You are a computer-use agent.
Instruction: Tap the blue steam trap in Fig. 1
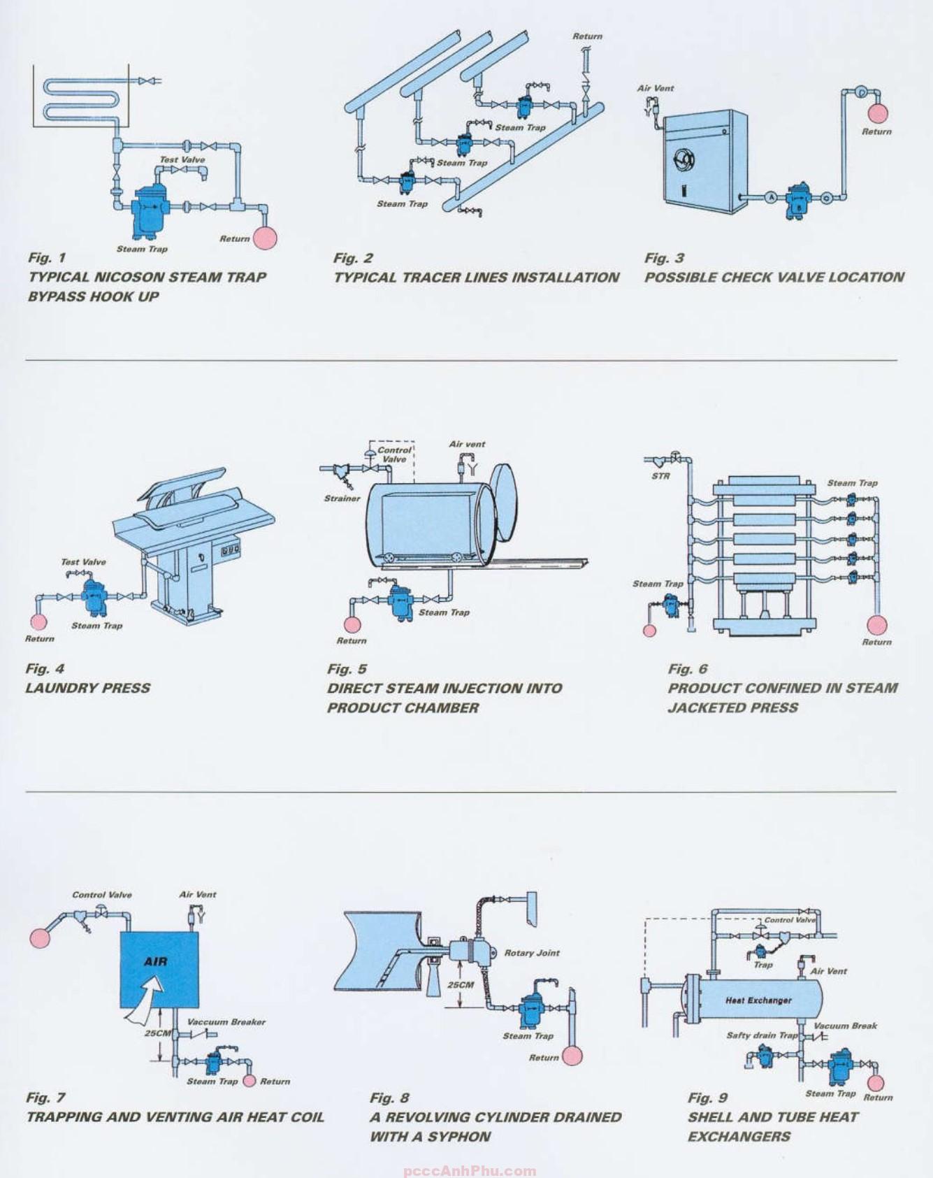tap(146, 208)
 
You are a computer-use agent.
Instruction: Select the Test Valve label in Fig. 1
tap(182, 159)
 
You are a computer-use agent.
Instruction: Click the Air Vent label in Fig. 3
tap(656, 88)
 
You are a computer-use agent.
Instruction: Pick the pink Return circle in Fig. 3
tap(878, 113)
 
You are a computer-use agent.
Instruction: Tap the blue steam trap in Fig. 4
tap(92, 597)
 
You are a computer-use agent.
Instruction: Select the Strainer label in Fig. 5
tap(342, 498)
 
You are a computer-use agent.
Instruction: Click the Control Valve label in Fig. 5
tap(394, 454)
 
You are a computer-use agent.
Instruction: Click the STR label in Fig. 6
tap(660, 476)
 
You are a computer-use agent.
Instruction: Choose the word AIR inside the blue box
tap(155, 961)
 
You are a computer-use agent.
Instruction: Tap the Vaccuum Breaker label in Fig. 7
tap(226, 1022)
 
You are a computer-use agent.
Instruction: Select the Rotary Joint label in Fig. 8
tap(532, 953)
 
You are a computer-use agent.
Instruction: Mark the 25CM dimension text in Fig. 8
tap(461, 985)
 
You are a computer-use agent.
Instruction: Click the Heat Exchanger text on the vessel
tap(758, 1000)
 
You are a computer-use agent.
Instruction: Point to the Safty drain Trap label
tap(762, 1035)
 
